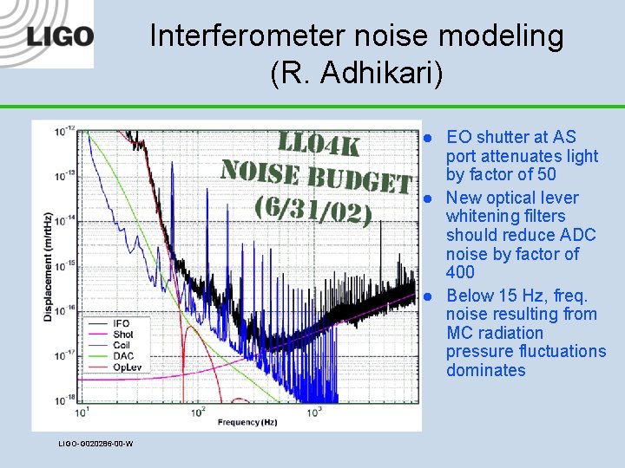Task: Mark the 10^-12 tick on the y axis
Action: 63,132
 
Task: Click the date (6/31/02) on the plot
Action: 312,211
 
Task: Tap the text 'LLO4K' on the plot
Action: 318,144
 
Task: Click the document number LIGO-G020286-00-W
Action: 95,444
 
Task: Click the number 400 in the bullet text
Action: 460,272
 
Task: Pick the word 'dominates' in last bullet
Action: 485,370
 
